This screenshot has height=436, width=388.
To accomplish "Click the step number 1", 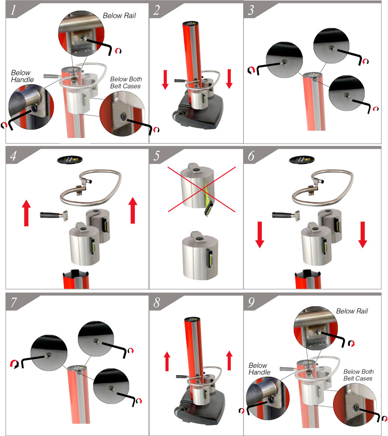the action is click(13, 10).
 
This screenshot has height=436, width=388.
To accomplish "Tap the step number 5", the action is click(157, 156).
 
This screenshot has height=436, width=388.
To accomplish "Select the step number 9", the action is click(251, 302).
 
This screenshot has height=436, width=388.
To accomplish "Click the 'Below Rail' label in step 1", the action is click(119, 16).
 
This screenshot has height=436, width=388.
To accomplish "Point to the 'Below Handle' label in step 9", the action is click(259, 369).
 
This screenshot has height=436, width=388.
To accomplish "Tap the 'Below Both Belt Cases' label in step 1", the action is click(126, 82).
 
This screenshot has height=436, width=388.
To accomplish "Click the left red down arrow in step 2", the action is click(165, 80).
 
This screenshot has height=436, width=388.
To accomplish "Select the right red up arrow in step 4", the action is click(133, 210).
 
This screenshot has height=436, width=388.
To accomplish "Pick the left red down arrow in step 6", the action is click(260, 235).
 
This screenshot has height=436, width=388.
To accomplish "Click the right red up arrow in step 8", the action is click(229, 361).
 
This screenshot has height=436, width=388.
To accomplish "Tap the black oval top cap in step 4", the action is click(70, 160).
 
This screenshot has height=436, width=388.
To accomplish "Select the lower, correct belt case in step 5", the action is click(200, 255).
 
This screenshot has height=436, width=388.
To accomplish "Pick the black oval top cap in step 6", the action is click(302, 160).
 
